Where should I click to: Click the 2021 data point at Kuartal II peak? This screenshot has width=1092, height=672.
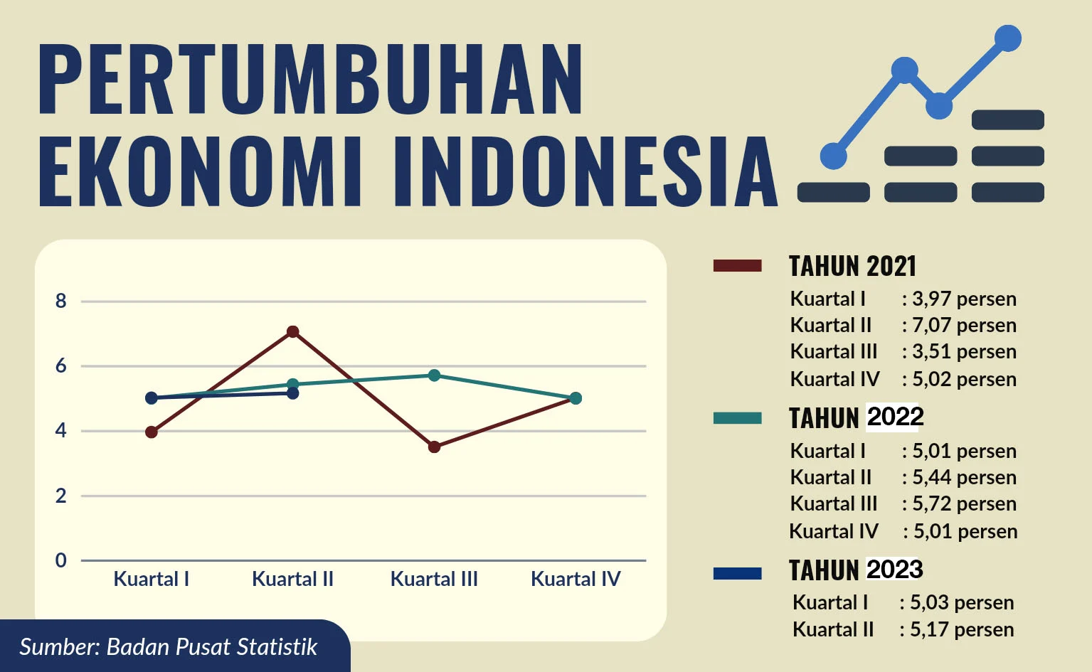[292, 331]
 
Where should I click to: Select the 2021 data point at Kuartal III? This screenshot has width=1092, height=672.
[434, 447]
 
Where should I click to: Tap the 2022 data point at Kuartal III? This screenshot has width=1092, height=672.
[434, 375]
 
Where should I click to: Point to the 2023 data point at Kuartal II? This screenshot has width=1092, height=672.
[292, 393]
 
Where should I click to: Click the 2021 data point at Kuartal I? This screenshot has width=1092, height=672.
[152, 432]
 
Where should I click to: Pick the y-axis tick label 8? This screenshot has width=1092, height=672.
[61, 302]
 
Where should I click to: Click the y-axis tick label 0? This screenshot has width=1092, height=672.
[61, 560]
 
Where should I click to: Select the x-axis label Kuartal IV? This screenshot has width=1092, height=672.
[576, 579]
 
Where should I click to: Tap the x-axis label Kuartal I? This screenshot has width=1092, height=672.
[152, 579]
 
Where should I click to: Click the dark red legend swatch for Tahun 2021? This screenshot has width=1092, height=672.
[737, 266]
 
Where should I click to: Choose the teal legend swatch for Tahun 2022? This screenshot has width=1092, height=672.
[737, 418]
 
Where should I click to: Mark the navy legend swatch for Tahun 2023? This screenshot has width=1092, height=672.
[737, 573]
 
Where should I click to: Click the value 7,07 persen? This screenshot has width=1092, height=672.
[964, 325]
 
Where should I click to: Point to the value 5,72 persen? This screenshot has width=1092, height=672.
[964, 503]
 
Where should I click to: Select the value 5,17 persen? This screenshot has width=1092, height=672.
[961, 629]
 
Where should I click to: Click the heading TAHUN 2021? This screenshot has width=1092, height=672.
[852, 266]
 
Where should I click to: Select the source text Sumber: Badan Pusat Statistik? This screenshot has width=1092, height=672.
[168, 647]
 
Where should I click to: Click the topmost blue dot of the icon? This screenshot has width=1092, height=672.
[1007, 38]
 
